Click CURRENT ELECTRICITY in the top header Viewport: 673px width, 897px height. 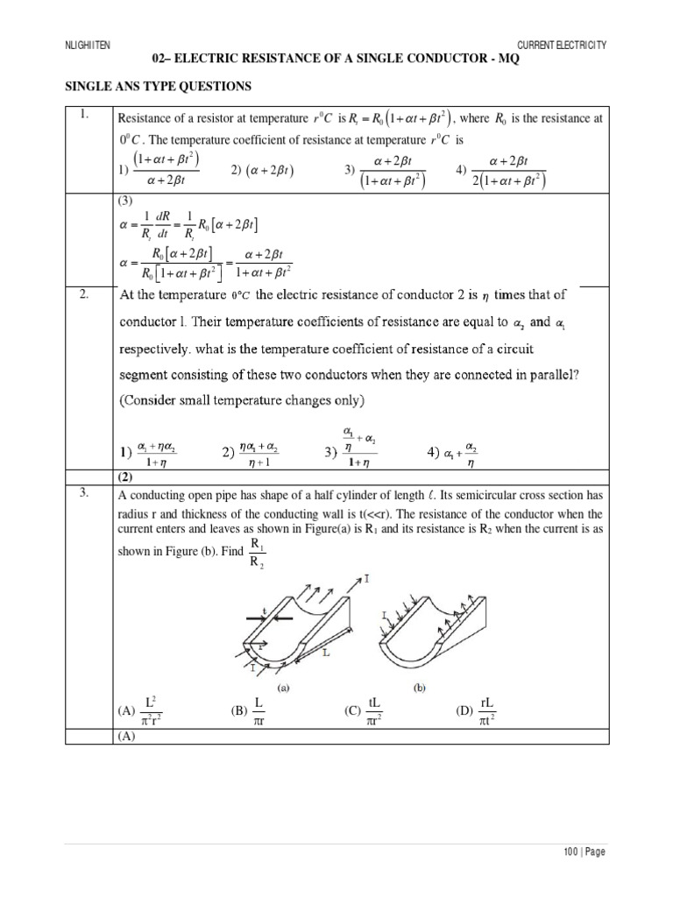coord(562,44)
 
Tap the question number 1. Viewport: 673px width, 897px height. coord(84,115)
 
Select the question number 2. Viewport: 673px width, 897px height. coord(84,294)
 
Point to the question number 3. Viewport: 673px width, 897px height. coord(84,492)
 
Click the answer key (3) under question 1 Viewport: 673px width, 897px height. coord(128,201)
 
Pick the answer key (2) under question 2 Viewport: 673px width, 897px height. coord(128,477)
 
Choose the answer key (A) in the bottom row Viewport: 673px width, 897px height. coord(128,737)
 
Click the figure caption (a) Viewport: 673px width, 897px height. coord(283,688)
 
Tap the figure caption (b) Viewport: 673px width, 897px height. coord(421,688)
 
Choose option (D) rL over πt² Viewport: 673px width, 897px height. coord(478,710)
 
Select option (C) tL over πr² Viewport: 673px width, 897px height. coord(367,710)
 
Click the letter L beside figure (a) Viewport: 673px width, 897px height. coord(325,653)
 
